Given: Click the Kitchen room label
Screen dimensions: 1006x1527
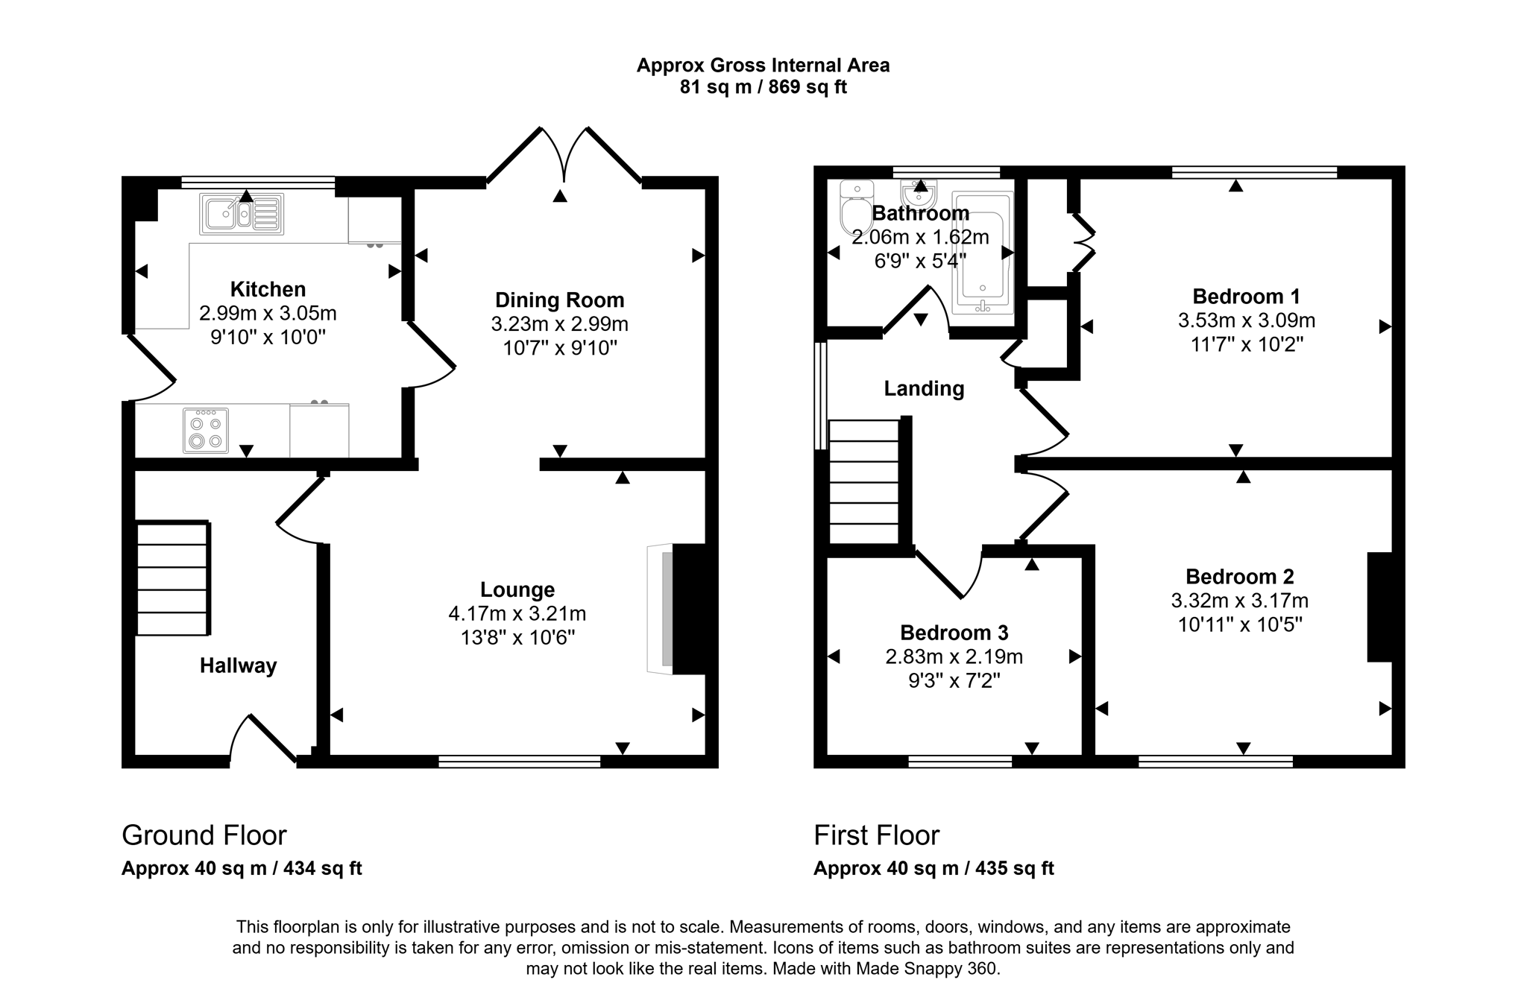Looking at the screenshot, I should tap(268, 289).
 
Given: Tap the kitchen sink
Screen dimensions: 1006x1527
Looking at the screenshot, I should tap(241, 214).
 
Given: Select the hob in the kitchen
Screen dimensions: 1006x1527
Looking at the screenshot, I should tap(206, 431).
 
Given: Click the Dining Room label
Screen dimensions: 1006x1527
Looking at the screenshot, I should tap(559, 300).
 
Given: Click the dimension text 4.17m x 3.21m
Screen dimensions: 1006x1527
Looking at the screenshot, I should tap(517, 614).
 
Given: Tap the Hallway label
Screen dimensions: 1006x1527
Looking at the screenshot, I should tap(238, 665).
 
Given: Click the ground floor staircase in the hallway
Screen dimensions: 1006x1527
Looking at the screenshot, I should tap(172, 579).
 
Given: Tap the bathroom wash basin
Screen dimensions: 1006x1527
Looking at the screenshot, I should tap(919, 196).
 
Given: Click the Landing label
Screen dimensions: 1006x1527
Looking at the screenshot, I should tap(924, 388).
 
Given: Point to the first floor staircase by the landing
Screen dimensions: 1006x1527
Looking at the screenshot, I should tap(864, 482).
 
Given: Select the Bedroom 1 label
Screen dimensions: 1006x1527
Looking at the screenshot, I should tap(1246, 297).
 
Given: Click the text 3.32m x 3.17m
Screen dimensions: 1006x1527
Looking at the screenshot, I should tap(1239, 601).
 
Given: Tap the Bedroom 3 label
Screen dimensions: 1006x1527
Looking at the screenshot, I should tap(954, 633).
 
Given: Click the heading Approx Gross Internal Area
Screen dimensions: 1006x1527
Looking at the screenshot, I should tap(763, 66).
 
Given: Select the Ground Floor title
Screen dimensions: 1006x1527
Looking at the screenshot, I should tap(204, 835).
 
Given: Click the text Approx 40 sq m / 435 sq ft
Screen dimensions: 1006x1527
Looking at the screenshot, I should tap(933, 868).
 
